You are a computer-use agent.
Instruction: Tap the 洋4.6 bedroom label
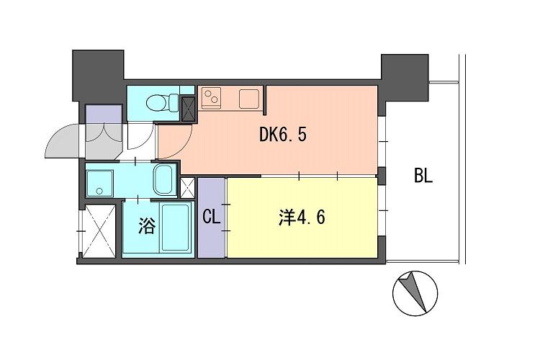[301, 217]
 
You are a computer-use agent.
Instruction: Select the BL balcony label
[423, 176]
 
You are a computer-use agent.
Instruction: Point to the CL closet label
[211, 217]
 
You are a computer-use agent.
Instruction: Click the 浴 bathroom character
[146, 227]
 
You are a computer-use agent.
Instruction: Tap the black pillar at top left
[98, 76]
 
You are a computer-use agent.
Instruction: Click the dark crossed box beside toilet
[189, 108]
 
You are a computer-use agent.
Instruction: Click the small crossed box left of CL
[187, 187]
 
